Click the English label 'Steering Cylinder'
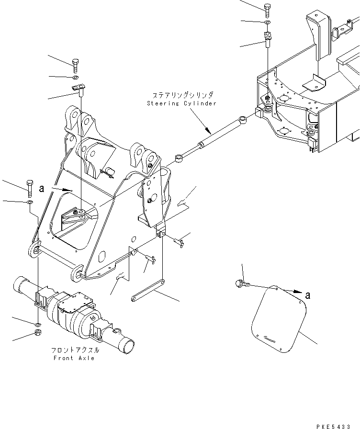click(x=181, y=103)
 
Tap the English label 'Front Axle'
click(x=74, y=358)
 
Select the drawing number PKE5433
click(x=334, y=426)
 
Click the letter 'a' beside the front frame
click(x=42, y=189)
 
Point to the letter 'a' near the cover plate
click(x=308, y=295)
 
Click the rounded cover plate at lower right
click(x=279, y=319)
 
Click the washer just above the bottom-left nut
click(x=38, y=325)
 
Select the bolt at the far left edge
click(x=30, y=189)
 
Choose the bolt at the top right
click(x=267, y=11)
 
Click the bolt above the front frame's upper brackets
click(x=76, y=66)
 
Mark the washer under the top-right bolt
click(x=268, y=22)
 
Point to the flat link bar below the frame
click(x=148, y=290)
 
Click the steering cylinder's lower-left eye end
click(x=179, y=158)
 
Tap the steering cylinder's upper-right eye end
click(x=243, y=119)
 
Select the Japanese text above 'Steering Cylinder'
click(x=183, y=95)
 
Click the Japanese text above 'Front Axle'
click(x=75, y=350)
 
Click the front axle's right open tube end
click(x=128, y=346)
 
